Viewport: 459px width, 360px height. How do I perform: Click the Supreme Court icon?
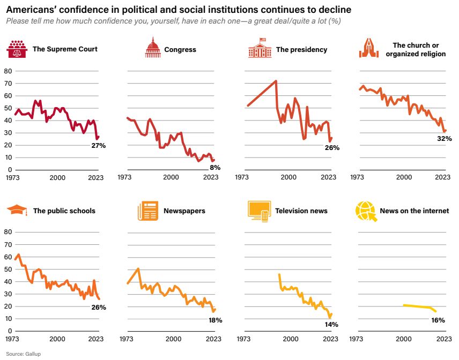[x=16, y=49]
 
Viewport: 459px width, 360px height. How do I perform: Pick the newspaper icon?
[x=147, y=211]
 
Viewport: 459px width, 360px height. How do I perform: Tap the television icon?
[x=258, y=211]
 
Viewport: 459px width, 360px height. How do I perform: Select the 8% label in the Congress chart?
[x=216, y=167]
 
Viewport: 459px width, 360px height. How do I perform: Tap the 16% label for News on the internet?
[x=438, y=320]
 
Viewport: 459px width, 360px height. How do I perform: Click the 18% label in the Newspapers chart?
[x=214, y=320]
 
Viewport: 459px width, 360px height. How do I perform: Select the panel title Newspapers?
[x=184, y=211]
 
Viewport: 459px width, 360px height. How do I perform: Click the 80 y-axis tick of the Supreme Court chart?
[x=8, y=71]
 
